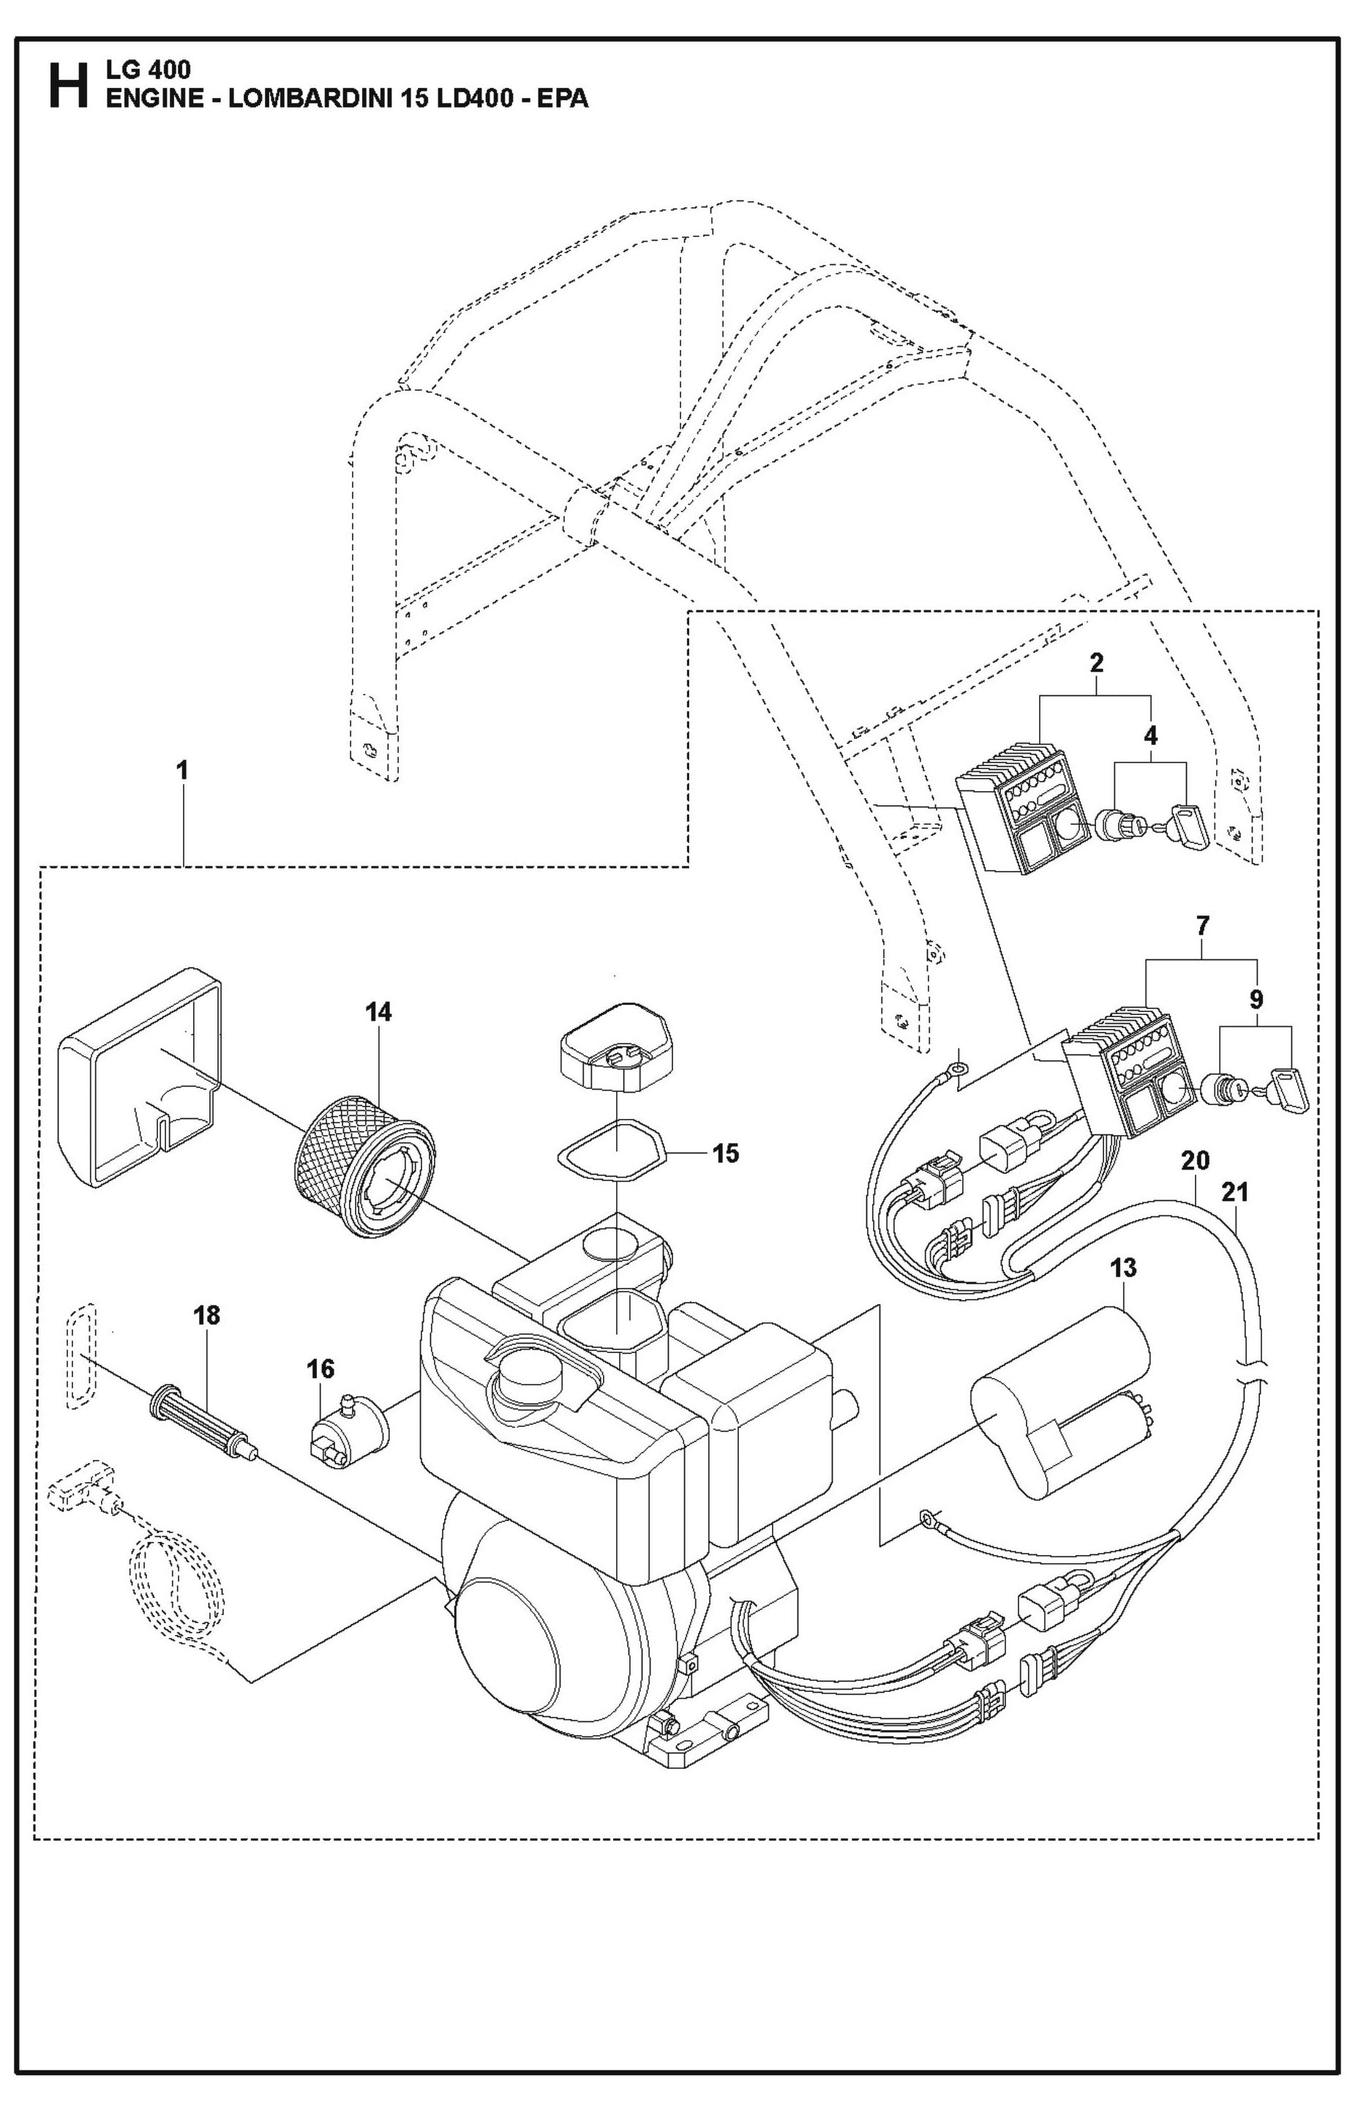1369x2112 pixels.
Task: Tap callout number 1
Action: pos(182,771)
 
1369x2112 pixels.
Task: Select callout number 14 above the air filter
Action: pos(378,1011)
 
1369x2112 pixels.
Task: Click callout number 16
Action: pos(320,1369)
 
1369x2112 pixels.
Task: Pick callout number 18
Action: pos(207,1315)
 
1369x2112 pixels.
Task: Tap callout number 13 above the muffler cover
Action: pos(1122,1268)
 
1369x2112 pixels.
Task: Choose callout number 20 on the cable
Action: pos(1195,1161)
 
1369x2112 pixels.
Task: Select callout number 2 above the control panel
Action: pos(1097,662)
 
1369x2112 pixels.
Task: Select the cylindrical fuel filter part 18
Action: pos(204,1412)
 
